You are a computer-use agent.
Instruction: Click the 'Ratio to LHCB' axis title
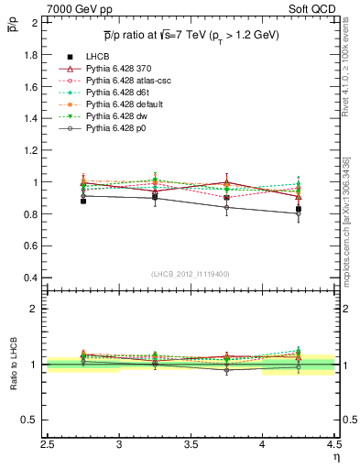click(12, 365)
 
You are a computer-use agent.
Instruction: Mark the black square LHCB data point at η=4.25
click(298, 209)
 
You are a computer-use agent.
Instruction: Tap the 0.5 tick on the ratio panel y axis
click(31, 420)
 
